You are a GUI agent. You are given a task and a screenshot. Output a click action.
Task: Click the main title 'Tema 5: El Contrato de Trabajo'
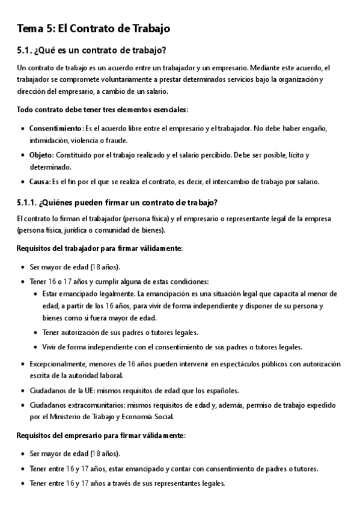(x=94, y=28)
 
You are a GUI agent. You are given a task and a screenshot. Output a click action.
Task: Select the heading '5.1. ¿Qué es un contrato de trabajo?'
(x=92, y=49)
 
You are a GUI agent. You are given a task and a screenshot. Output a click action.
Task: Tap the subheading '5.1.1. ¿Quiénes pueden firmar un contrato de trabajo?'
(x=117, y=201)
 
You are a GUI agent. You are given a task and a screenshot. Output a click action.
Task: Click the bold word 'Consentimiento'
(x=55, y=129)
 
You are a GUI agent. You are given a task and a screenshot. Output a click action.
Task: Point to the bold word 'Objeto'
(x=41, y=155)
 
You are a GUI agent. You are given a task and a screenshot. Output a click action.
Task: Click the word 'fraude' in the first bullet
(x=115, y=140)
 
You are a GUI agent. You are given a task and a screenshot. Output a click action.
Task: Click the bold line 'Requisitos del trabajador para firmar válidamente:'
(x=100, y=248)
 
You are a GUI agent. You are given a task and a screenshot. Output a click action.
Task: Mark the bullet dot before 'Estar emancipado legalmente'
(x=35, y=294)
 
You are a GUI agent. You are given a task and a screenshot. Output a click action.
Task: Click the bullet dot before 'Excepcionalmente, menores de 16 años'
(x=22, y=364)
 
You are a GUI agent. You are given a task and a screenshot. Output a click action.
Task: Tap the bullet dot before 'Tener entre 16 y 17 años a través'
(x=22, y=483)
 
